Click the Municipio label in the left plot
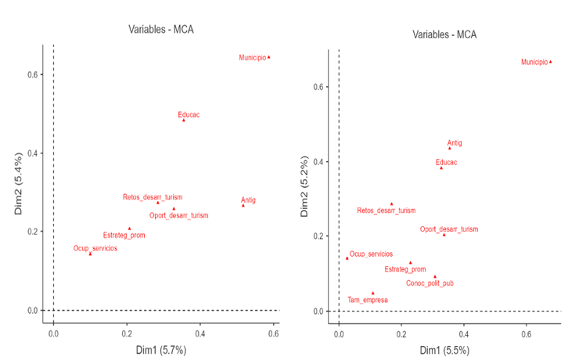pos(252,58)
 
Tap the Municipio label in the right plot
pos(534,62)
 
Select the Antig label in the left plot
pos(248,200)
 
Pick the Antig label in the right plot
pos(455,143)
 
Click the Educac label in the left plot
pos(189,115)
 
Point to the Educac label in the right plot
pos(446,163)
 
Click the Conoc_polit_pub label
pos(430,283)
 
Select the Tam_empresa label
pos(367,300)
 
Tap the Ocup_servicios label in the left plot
pos(95,248)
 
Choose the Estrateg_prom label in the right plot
pos(404,269)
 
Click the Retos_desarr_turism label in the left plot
pos(153,197)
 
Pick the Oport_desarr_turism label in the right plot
pos(448,229)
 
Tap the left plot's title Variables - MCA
pos(161,30)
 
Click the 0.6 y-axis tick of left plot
pos(34,74)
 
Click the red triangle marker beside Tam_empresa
pos(373,293)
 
